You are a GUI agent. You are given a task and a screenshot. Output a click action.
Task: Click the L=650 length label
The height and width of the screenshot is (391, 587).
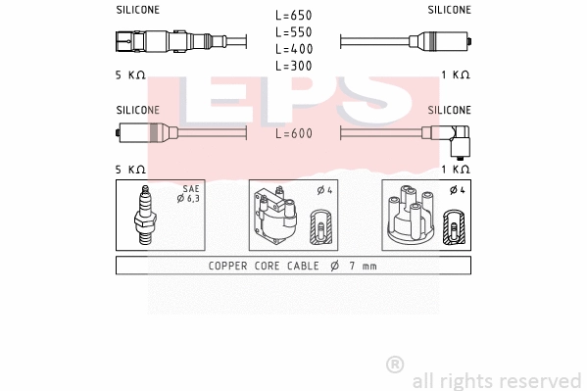point(294,15)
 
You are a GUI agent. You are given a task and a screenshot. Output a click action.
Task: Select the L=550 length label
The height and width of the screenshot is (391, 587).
point(294,31)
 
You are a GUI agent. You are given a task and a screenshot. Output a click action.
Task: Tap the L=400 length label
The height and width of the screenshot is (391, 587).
point(294,48)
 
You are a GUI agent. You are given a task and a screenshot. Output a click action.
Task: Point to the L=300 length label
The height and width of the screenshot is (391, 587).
point(294,65)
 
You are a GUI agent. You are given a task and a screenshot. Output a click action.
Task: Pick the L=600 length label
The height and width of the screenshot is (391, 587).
point(294,133)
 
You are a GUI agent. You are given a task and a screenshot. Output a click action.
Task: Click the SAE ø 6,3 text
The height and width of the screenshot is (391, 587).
point(190,193)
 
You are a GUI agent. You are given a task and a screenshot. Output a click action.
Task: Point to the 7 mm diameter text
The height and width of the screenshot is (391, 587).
point(352,266)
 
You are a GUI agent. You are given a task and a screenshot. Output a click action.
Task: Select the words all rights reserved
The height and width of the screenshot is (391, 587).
point(497,379)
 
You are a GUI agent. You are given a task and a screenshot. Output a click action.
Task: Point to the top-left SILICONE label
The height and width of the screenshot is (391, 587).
point(138,10)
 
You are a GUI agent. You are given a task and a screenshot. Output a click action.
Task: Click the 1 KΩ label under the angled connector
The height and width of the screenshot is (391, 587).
point(455,170)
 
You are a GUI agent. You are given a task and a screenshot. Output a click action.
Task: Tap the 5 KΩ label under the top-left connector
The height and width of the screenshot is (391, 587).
point(130,74)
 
